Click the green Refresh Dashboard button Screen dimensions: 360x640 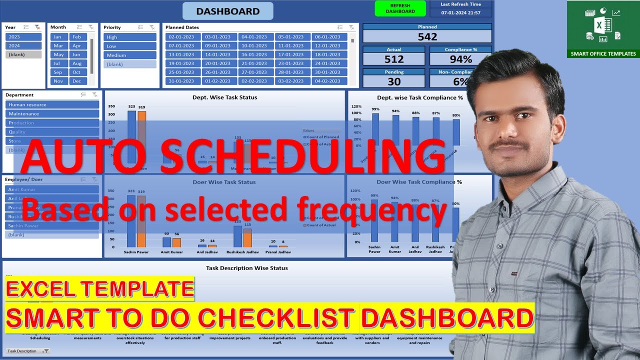(x=400, y=8)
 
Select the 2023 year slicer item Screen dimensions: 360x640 (x=23, y=37)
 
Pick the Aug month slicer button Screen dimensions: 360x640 (x=76, y=63)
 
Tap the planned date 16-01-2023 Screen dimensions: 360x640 (x=254, y=54)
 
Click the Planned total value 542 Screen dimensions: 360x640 (x=427, y=36)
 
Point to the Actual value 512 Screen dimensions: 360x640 (x=394, y=59)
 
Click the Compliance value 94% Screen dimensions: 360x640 (x=460, y=59)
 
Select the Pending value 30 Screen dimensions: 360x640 (x=394, y=81)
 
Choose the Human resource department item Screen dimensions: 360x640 (x=52, y=104)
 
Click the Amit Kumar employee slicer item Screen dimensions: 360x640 (x=52, y=189)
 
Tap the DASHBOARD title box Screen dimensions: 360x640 (x=227, y=11)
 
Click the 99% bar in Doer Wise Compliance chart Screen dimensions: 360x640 (x=374, y=220)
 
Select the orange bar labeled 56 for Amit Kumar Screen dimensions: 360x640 (x=176, y=242)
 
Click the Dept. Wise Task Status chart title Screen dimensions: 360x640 (x=224, y=97)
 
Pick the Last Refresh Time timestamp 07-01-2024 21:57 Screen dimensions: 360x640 (x=460, y=12)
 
